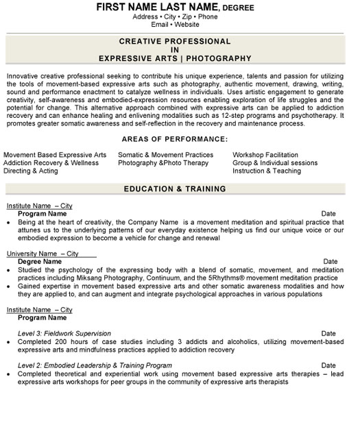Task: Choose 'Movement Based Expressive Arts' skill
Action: pyautogui.click(x=55, y=156)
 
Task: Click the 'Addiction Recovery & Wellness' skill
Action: pyautogui.click(x=51, y=163)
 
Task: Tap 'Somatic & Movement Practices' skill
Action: pyautogui.click(x=165, y=156)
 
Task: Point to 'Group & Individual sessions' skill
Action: pyautogui.click(x=275, y=163)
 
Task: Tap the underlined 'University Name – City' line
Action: pyautogui.click(x=43, y=254)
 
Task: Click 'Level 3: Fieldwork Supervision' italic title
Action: pyautogui.click(x=71, y=332)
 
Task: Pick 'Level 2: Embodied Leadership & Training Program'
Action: pyautogui.click(x=95, y=365)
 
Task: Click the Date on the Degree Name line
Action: pyautogui.click(x=330, y=261)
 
